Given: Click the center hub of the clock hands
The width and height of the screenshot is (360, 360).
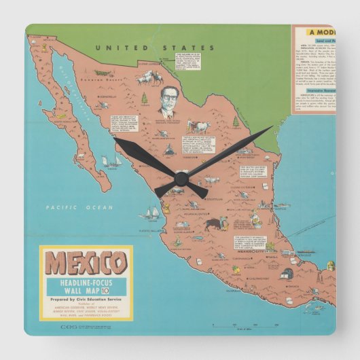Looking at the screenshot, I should point(181,179).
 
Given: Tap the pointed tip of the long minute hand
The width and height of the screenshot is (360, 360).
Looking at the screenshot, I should point(271,127).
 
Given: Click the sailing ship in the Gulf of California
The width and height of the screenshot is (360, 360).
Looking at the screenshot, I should point(111,162).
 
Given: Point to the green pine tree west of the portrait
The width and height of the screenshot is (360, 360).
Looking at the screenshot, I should point(144,99).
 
